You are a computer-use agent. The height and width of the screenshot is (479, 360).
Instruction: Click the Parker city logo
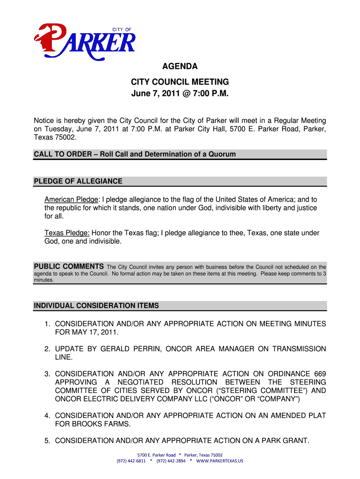(85, 41)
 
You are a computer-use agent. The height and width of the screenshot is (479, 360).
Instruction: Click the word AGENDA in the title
(180, 67)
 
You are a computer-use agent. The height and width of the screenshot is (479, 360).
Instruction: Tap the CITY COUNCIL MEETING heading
(180, 82)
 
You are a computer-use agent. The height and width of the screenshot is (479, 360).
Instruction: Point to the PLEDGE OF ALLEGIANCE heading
(78, 181)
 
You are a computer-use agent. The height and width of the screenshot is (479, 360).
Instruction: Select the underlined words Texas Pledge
(67, 233)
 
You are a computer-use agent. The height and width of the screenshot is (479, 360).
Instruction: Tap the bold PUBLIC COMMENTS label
(69, 267)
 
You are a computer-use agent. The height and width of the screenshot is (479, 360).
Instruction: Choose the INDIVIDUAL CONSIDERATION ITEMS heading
(96, 306)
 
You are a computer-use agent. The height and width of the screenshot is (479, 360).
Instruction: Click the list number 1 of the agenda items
(47, 324)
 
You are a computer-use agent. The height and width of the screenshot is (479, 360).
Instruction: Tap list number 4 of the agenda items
(47, 416)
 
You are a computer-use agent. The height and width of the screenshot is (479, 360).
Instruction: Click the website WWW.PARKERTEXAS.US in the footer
(220, 461)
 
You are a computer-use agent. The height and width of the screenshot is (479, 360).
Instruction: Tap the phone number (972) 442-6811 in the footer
(131, 461)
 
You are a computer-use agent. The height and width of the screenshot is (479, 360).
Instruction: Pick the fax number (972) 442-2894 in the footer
(171, 461)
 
